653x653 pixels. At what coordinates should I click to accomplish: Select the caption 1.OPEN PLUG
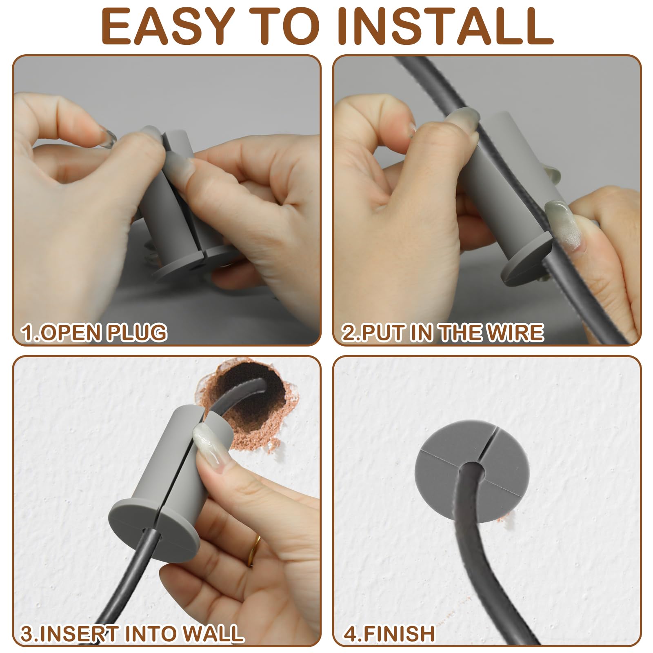tap(94, 332)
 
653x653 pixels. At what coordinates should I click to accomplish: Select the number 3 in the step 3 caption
tap(27, 633)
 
